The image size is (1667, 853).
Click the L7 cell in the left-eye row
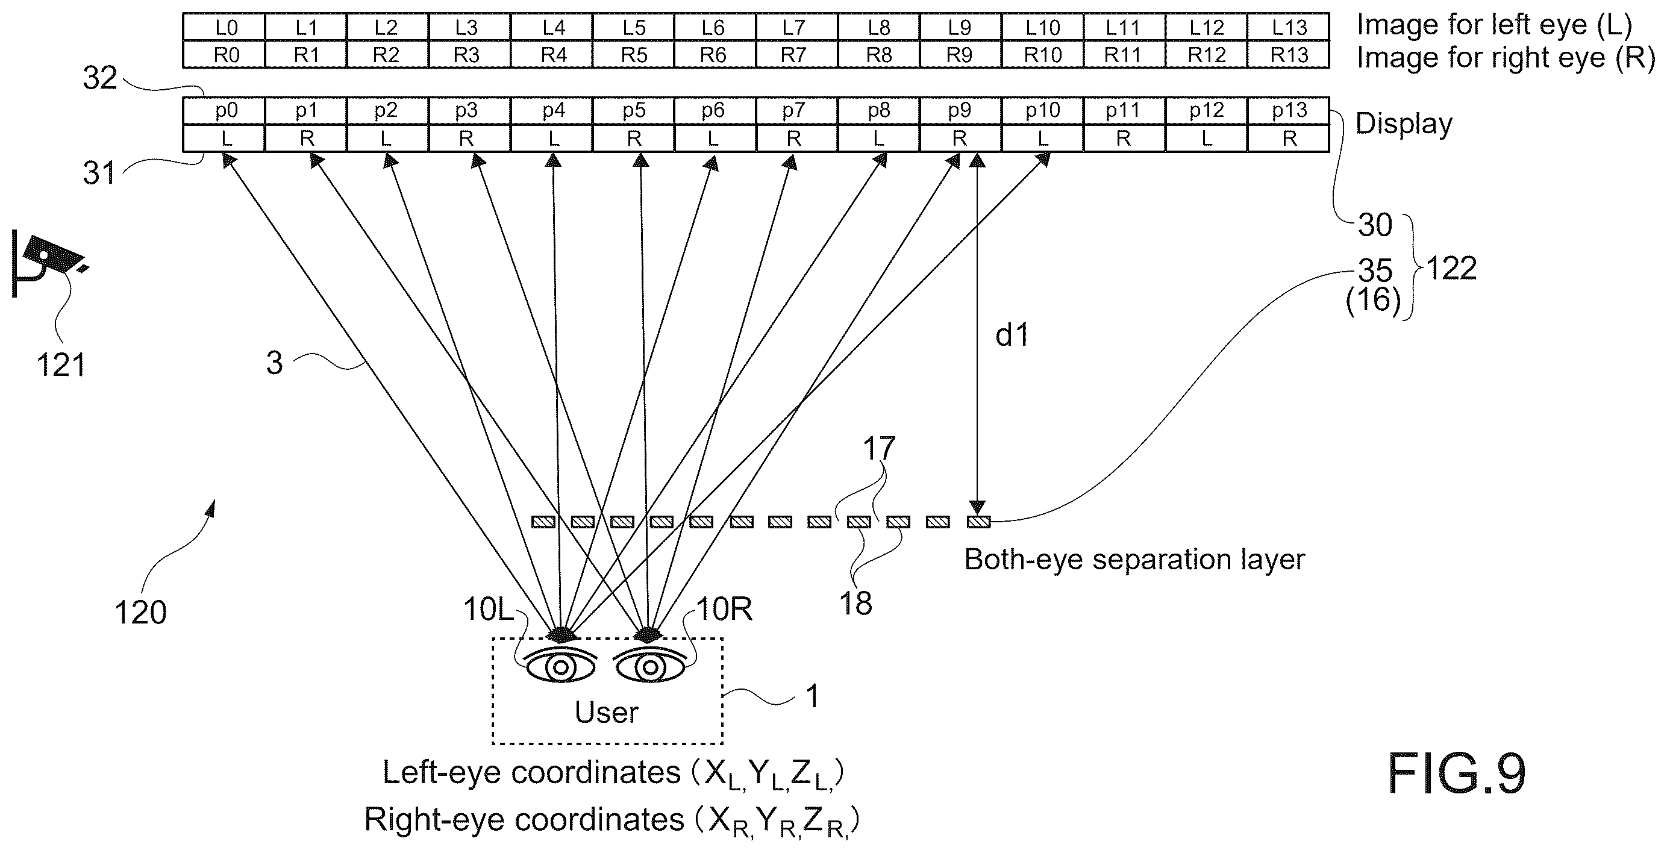(796, 27)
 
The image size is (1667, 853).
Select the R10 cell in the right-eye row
(1042, 55)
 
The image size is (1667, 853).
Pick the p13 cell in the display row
(1289, 111)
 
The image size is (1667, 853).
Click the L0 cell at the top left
(224, 27)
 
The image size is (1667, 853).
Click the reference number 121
(61, 366)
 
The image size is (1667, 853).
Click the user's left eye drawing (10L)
(560, 664)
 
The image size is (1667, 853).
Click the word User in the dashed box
(606, 713)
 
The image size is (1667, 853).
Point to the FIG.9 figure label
(1457, 773)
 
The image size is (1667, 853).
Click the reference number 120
(140, 612)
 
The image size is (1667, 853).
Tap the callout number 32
(99, 78)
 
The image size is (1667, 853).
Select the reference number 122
(1451, 268)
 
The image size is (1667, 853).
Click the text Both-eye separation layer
(1134, 560)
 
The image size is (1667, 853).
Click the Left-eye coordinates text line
(613, 773)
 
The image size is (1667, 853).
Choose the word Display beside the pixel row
(1404, 124)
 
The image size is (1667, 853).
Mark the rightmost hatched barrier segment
(978, 522)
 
